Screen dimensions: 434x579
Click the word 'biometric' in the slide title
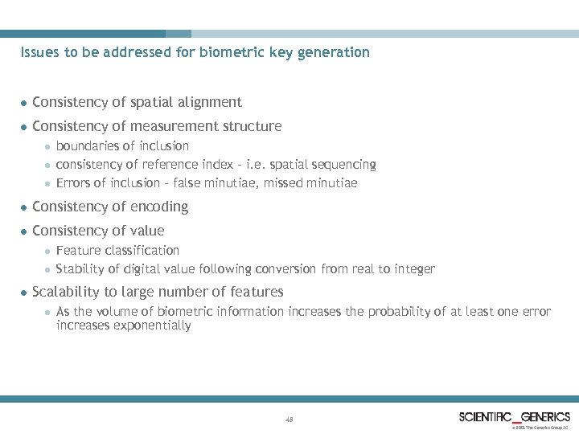(x=239, y=52)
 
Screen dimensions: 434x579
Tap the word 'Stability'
(x=80, y=268)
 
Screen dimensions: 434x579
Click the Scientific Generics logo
(x=515, y=417)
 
